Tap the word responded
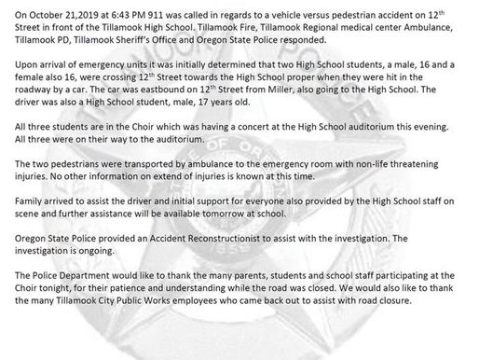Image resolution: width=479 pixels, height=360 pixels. point(329,38)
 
